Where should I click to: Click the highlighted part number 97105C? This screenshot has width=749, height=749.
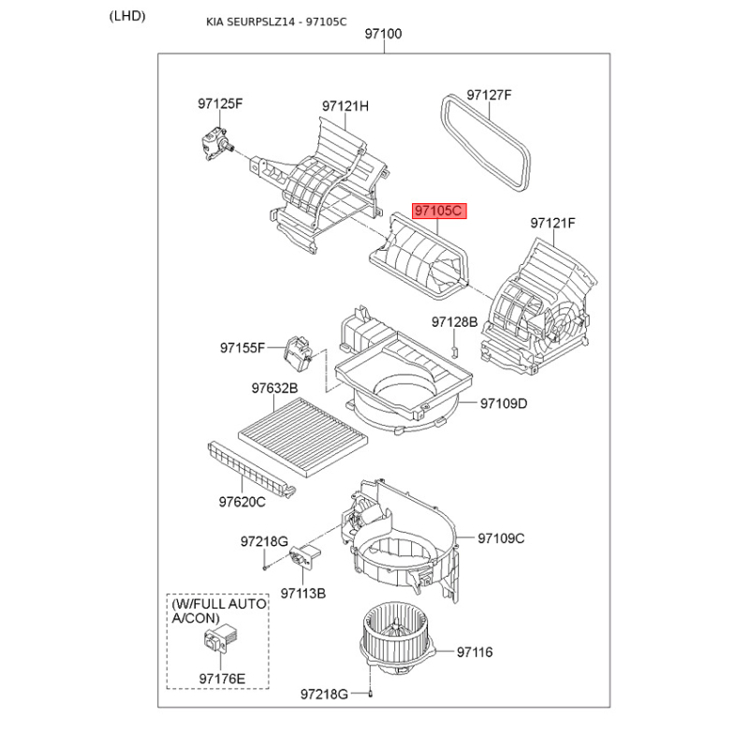click(x=438, y=212)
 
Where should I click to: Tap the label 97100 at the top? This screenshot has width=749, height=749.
click(x=383, y=34)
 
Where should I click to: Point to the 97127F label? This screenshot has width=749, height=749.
click(x=490, y=95)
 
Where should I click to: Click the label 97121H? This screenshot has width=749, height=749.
click(x=345, y=107)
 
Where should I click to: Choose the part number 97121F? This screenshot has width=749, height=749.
click(x=553, y=223)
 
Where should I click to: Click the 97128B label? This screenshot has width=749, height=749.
click(x=455, y=322)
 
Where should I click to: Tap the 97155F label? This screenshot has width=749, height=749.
click(x=243, y=347)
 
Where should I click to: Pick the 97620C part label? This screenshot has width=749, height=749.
click(x=242, y=502)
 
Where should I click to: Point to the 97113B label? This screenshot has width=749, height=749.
click(x=302, y=593)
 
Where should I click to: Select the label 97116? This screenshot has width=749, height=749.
click(x=475, y=652)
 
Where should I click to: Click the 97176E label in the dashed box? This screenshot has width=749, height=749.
click(x=222, y=678)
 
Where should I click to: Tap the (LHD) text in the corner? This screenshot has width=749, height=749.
click(x=127, y=15)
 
